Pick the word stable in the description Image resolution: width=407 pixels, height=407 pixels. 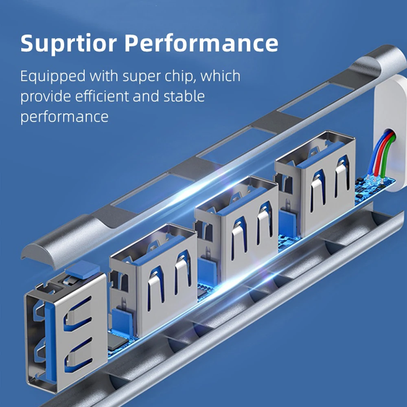click(x=182, y=97)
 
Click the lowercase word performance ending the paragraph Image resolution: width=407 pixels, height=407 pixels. click(x=64, y=117)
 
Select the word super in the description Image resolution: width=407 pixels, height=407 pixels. click(x=136, y=77)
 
